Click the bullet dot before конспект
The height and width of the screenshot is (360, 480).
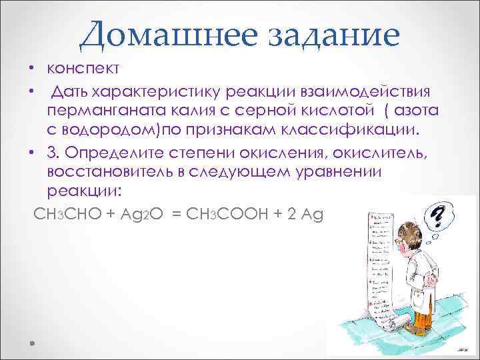click(x=31, y=70)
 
